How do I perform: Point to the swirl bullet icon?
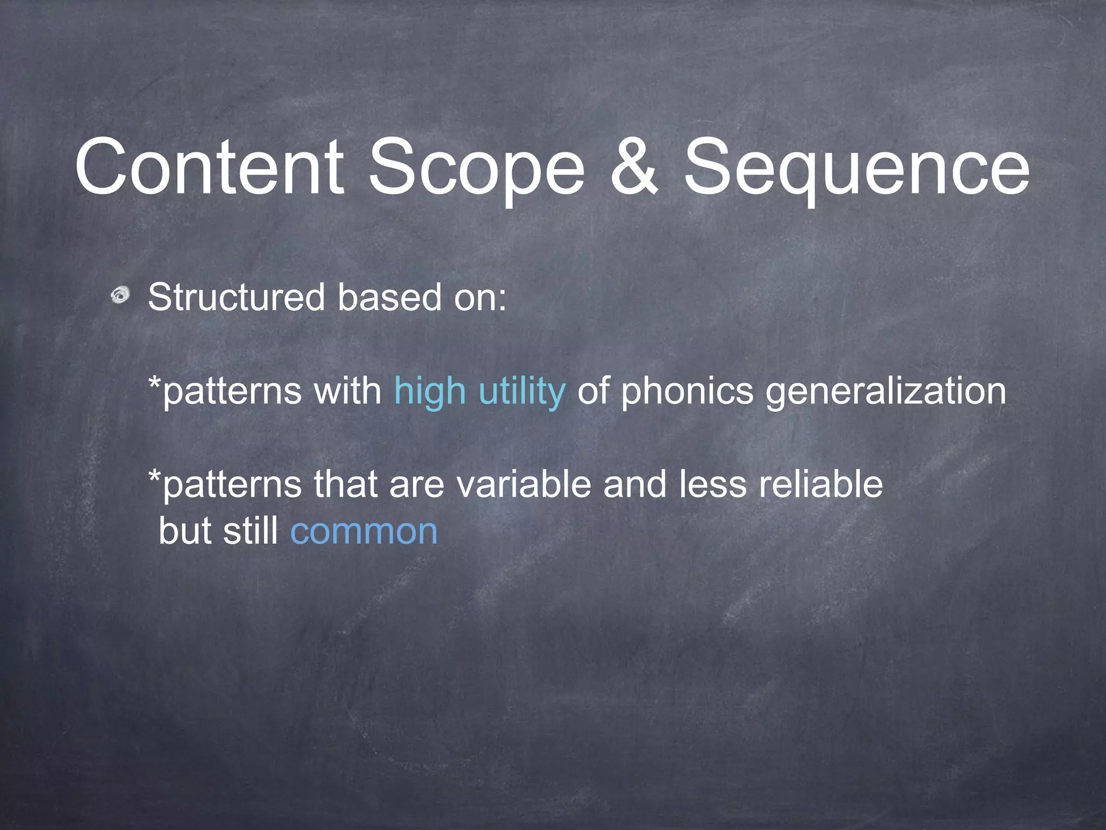tap(121, 296)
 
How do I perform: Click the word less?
tap(713, 484)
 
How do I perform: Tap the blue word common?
tap(363, 531)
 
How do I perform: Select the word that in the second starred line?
tap(346, 484)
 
